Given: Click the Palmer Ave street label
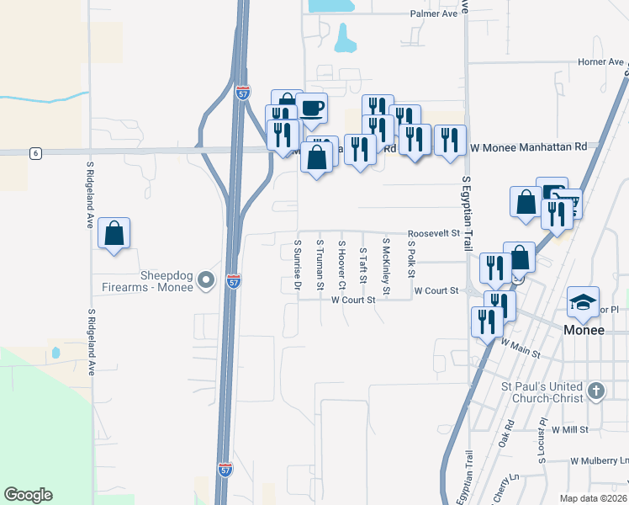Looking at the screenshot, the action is tap(433, 14).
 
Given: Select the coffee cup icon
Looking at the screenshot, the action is tap(312, 109).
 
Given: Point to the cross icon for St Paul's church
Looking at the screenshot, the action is tap(596, 390).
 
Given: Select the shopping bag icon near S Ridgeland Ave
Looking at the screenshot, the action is tap(114, 233).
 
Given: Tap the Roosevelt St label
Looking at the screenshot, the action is tap(434, 233).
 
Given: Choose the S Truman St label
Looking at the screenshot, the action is tap(320, 265).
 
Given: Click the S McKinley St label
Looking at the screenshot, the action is tap(385, 267).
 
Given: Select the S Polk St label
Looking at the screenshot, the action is tap(411, 255).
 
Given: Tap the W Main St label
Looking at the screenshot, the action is tap(521, 348).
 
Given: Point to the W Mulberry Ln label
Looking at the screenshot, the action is tap(599, 461).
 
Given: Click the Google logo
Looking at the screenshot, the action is tap(28, 495).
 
